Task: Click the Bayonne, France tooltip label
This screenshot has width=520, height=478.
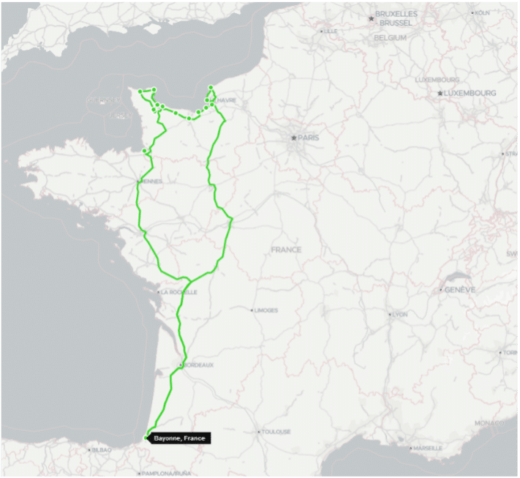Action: pos(180,438)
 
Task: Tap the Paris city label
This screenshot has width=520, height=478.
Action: pos(307,138)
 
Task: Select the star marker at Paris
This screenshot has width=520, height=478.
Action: pos(293,138)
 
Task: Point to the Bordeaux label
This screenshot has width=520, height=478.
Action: pos(198,365)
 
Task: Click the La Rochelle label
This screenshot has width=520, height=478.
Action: pos(176,291)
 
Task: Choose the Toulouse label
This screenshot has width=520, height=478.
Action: pos(276,432)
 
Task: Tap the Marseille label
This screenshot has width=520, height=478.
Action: pos(427,448)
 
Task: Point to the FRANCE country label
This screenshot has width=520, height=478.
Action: pos(286,250)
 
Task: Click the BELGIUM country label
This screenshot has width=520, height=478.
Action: pos(390,37)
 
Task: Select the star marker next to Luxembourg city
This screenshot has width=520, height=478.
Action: pos(440,93)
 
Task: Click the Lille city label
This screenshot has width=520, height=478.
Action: pos(331,31)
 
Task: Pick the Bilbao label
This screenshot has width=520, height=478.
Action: pos(100,449)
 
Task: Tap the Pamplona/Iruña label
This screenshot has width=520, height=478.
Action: pos(167,473)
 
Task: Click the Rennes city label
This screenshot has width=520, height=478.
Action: pos(151,181)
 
